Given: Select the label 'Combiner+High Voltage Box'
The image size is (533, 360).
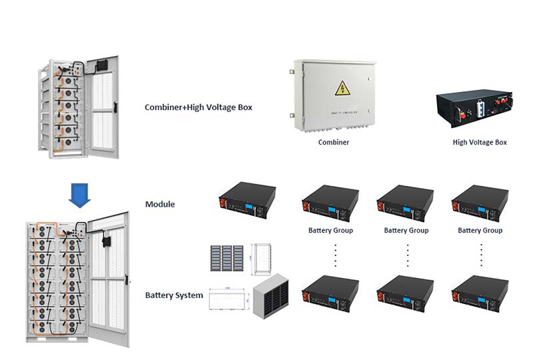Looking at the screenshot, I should click(x=198, y=107).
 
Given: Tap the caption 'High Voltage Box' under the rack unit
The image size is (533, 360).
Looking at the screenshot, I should click(x=480, y=142).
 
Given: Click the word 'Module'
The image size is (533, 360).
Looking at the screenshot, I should click(x=160, y=204).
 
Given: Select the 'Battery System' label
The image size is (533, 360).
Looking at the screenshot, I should click(x=174, y=295).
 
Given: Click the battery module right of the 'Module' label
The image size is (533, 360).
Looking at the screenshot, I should click(x=247, y=201).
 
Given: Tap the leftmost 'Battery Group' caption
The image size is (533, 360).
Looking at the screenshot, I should click(x=330, y=231).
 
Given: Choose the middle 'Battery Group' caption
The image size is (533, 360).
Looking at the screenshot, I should click(x=406, y=231).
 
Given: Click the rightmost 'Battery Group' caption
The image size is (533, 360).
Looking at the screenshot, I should click(x=480, y=231).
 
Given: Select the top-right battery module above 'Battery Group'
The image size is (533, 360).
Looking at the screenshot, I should click(x=480, y=203).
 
